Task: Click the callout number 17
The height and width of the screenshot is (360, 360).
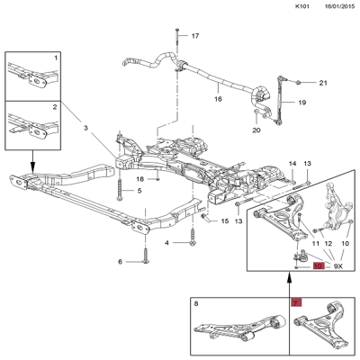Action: click(x=195, y=36)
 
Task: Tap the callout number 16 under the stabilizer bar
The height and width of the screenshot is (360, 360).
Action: click(x=218, y=99)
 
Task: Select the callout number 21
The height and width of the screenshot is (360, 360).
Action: click(x=323, y=83)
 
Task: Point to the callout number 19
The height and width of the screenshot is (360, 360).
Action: click(x=302, y=103)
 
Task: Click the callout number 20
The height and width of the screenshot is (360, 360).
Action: click(x=256, y=130)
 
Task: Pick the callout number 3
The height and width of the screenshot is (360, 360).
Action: click(x=85, y=128)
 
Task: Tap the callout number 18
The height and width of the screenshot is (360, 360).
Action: click(x=140, y=179)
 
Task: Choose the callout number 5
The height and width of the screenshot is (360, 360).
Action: click(x=139, y=191)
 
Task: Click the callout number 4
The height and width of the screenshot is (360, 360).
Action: click(x=166, y=242)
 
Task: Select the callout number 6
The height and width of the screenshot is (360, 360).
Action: click(x=121, y=262)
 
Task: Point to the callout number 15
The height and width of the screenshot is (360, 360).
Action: click(x=225, y=221)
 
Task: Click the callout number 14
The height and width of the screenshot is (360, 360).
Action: click(x=292, y=164)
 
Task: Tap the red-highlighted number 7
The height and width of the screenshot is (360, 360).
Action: click(x=297, y=303)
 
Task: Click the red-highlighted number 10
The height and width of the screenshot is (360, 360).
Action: click(x=319, y=265)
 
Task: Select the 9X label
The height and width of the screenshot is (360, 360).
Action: click(x=338, y=266)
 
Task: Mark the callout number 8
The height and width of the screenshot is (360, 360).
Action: click(x=196, y=304)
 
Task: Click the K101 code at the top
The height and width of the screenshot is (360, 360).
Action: click(x=302, y=6)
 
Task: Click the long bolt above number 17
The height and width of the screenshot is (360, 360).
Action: click(x=177, y=38)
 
